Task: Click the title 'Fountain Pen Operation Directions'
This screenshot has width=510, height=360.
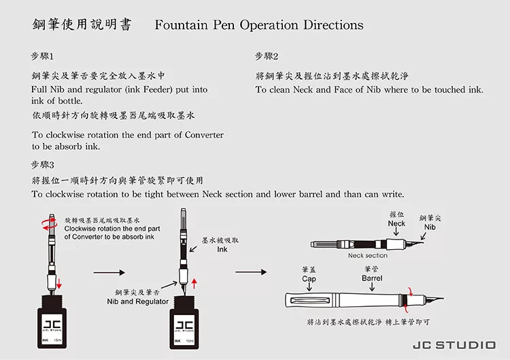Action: coord(259,25)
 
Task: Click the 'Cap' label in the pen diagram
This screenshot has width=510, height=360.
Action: coord(309,278)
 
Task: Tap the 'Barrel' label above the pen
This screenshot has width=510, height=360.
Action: coord(372,278)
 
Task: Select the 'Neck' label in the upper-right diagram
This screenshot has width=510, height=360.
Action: coord(396,223)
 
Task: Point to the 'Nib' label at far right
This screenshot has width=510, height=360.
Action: coord(430,227)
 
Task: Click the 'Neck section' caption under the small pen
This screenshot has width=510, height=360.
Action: coord(367,256)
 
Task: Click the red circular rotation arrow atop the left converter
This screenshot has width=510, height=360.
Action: coord(46,220)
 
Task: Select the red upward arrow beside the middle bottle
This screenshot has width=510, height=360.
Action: coord(195,282)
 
